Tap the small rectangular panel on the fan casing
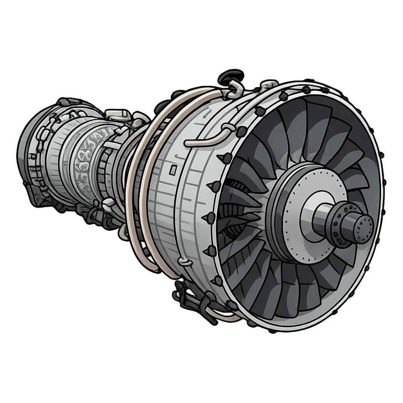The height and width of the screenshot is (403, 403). coord(174,168)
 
